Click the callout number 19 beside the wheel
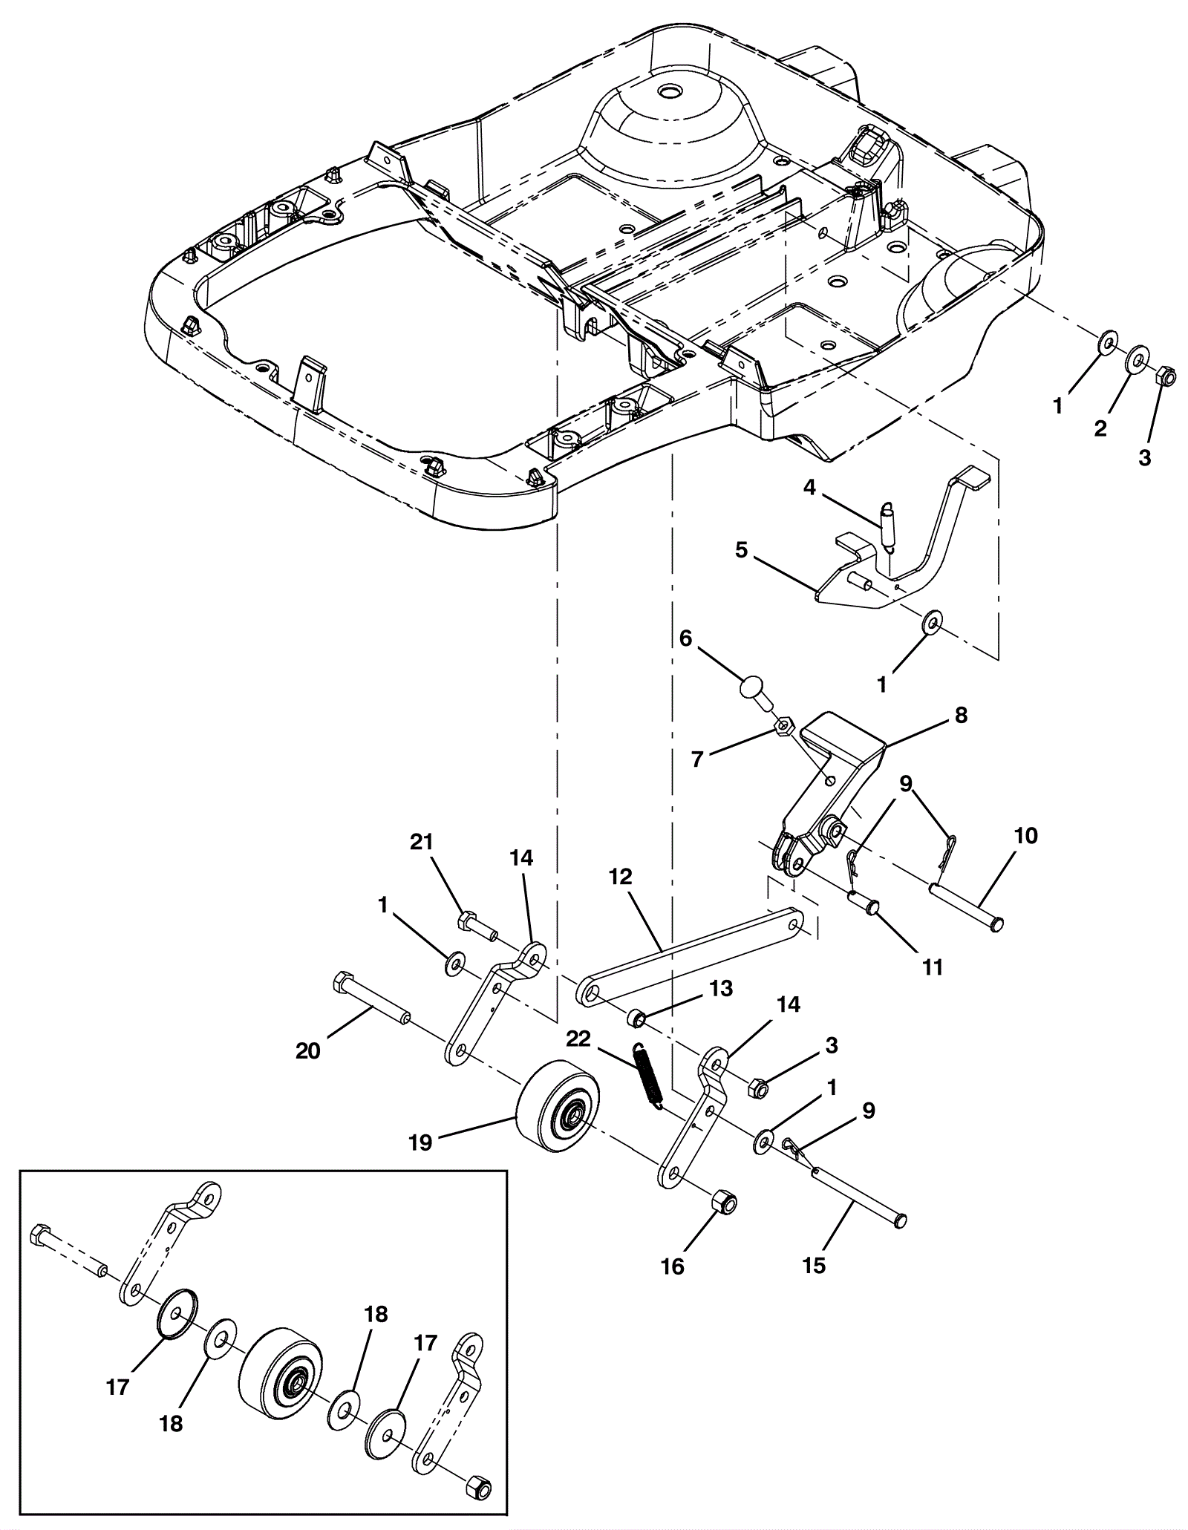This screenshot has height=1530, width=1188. point(420,1142)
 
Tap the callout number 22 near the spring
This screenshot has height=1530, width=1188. point(579,1038)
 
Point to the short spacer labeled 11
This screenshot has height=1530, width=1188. point(863,901)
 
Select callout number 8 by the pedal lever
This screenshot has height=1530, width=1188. point(962,716)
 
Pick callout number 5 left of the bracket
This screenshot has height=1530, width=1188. point(741,550)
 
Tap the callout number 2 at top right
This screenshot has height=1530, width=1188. point(1100,428)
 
